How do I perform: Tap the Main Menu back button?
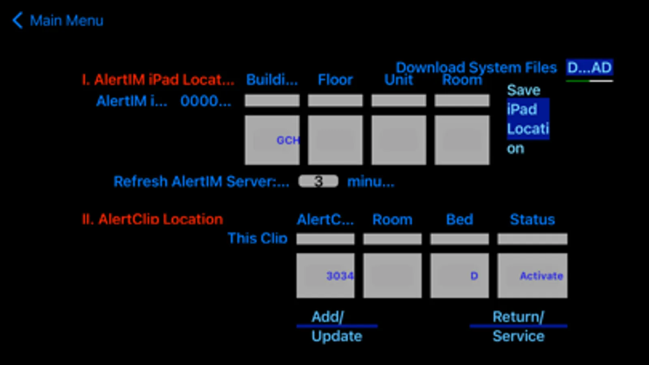pyautogui.click(x=58, y=20)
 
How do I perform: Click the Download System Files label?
pyautogui.click(x=476, y=67)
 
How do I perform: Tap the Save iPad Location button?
pyautogui.click(x=527, y=119)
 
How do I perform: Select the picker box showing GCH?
pyautogui.click(x=272, y=140)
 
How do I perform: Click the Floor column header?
pyautogui.click(x=335, y=80)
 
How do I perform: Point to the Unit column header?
pyautogui.click(x=399, y=80)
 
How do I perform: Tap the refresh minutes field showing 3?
pyautogui.click(x=318, y=181)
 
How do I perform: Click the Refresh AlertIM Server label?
pyautogui.click(x=201, y=182)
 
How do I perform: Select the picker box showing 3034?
pyautogui.click(x=325, y=276)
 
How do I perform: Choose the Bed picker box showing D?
pyautogui.click(x=459, y=276)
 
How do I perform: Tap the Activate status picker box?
pyautogui.click(x=532, y=276)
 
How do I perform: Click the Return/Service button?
pyautogui.click(x=518, y=326)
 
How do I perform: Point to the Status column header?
pyautogui.click(x=532, y=219)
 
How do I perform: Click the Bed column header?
pyautogui.click(x=459, y=219)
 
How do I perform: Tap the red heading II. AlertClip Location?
pyautogui.click(x=153, y=219)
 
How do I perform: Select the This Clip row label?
pyautogui.click(x=257, y=238)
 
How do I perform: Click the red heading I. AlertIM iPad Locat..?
pyautogui.click(x=158, y=80)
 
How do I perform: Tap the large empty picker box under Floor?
pyautogui.click(x=335, y=140)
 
